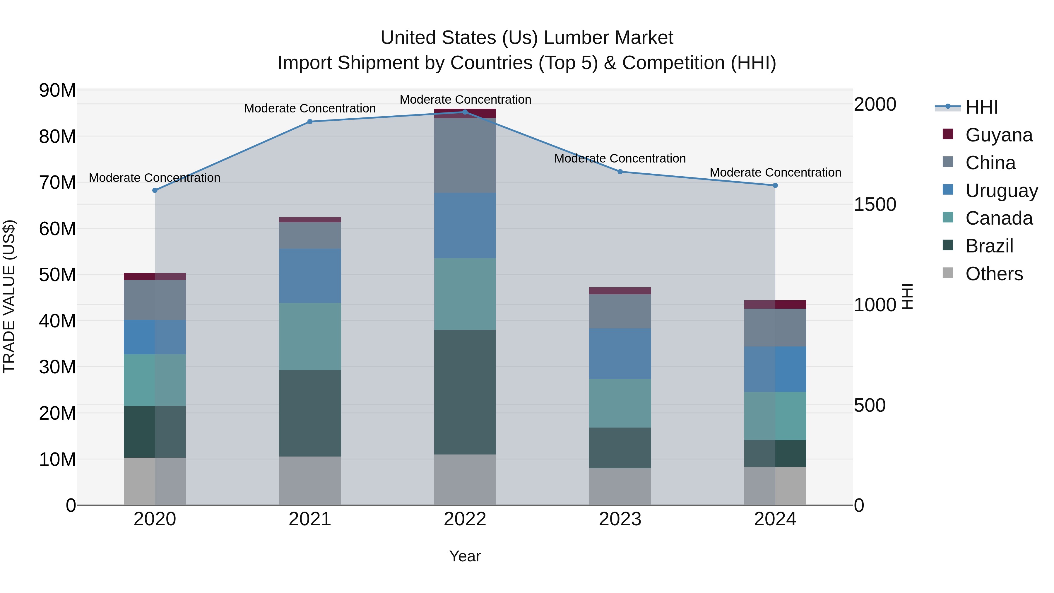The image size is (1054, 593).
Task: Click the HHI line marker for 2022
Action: (465, 112)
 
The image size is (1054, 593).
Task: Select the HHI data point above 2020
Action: (155, 190)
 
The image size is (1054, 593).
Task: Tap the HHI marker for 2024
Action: (775, 185)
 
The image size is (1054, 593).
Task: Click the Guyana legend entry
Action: (998, 135)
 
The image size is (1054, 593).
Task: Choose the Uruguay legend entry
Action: (1001, 191)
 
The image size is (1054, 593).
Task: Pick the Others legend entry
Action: (994, 274)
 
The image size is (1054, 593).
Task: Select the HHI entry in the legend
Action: (981, 107)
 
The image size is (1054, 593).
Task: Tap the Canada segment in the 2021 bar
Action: (310, 336)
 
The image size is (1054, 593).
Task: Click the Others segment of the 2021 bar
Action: (310, 481)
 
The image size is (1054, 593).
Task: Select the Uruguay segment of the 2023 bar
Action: (620, 353)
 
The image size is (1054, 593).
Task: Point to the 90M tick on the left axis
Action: (57, 90)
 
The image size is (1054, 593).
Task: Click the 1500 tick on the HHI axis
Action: (875, 204)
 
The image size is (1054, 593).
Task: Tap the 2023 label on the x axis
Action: (620, 519)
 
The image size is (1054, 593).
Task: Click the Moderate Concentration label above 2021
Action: (310, 108)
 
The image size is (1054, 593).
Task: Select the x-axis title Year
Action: (465, 556)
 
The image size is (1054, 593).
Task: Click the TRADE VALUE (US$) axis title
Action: (9, 296)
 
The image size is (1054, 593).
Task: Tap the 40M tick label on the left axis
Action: (57, 321)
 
